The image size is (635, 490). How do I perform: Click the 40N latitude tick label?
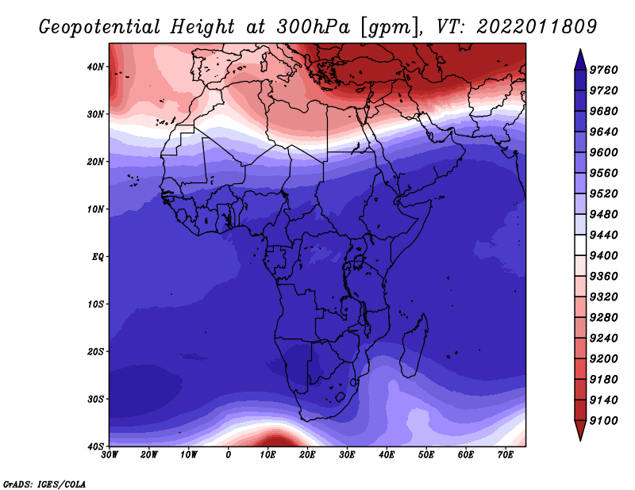point(95,67)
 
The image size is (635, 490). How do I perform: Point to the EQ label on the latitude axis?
point(98,257)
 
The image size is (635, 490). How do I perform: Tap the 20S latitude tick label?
point(95,351)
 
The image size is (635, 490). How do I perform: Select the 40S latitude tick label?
point(95,446)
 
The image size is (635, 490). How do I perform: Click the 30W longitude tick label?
point(110,455)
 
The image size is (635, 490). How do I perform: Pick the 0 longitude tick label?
point(229,455)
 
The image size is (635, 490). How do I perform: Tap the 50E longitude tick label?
point(426,455)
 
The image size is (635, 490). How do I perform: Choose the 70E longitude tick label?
point(506,455)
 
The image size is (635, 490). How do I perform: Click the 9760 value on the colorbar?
point(603,70)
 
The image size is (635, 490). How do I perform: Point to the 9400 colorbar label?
point(603,256)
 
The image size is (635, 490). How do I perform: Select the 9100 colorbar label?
point(603,421)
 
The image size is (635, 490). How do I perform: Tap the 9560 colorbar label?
point(603,173)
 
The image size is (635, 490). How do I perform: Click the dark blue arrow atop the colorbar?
point(580,61)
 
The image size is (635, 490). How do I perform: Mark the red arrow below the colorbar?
point(580,429)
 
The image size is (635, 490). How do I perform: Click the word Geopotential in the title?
point(100,28)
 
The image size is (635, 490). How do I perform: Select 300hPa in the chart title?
point(314,27)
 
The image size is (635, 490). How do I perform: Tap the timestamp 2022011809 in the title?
point(537,27)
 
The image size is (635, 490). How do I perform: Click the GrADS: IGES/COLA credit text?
point(44,484)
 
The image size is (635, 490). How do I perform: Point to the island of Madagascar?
point(414,346)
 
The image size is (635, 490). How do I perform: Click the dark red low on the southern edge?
point(276,440)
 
